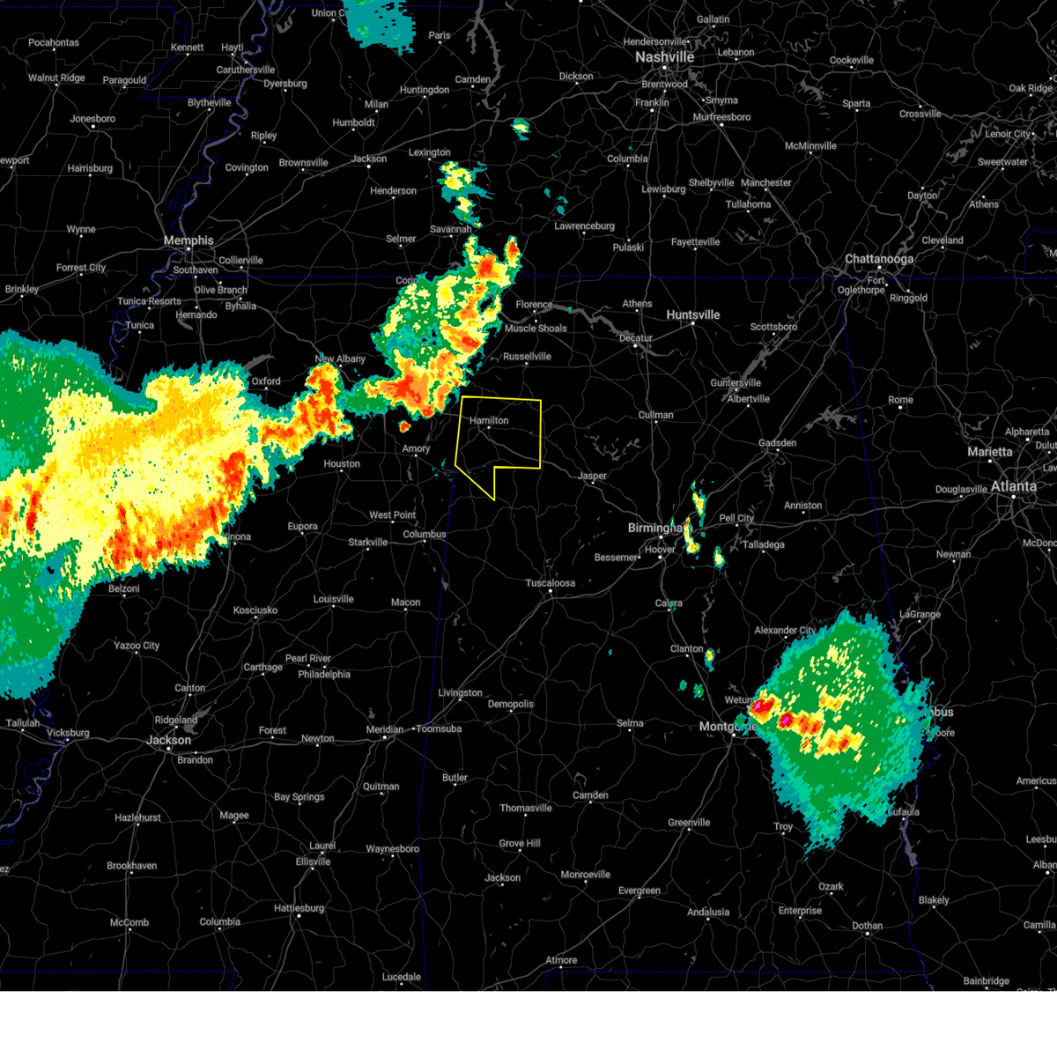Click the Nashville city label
click(665, 57)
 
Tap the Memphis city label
click(188, 240)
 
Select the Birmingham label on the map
click(654, 528)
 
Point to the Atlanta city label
click(1014, 486)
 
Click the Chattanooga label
click(879, 259)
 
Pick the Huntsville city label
click(693, 315)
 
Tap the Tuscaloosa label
click(551, 583)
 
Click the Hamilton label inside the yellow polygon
click(489, 421)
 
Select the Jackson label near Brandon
click(168, 740)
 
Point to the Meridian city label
click(384, 729)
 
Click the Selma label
click(630, 723)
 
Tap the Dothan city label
click(867, 926)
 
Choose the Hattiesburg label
click(299, 908)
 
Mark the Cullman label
click(655, 415)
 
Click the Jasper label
click(593, 476)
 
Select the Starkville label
click(367, 543)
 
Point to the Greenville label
click(689, 823)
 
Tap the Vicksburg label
click(68, 733)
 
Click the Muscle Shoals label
click(536, 329)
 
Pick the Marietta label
click(990, 452)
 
